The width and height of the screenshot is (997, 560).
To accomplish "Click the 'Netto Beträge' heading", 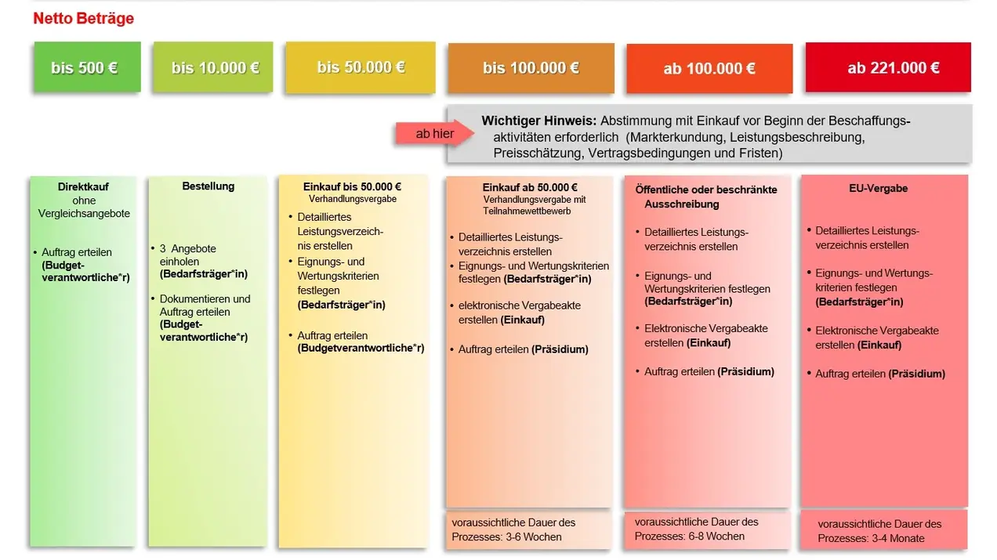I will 83,18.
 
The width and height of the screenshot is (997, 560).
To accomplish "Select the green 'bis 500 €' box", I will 85,67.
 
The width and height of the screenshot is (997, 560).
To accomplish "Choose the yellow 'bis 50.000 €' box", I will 361,67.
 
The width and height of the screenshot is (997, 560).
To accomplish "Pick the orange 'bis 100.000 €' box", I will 531,68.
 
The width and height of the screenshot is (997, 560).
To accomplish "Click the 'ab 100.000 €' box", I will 709,69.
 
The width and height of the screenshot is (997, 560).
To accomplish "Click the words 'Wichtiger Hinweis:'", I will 539,121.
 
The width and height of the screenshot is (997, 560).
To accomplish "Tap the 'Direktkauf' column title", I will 83,187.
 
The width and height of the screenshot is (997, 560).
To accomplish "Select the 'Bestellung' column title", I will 208,186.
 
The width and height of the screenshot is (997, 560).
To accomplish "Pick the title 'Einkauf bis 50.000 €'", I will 352,187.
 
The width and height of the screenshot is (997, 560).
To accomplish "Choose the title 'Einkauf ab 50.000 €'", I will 530,187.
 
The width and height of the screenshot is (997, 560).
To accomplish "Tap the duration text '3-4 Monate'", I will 891,538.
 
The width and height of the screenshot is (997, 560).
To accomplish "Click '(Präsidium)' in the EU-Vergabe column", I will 916,374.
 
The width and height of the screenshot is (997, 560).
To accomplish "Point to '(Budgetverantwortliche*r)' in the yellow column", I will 361,349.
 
